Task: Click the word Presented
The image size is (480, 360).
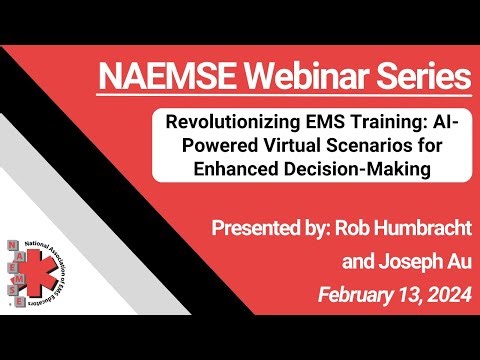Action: pos(253,230)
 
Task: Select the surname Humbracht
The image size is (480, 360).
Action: pos(410,230)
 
